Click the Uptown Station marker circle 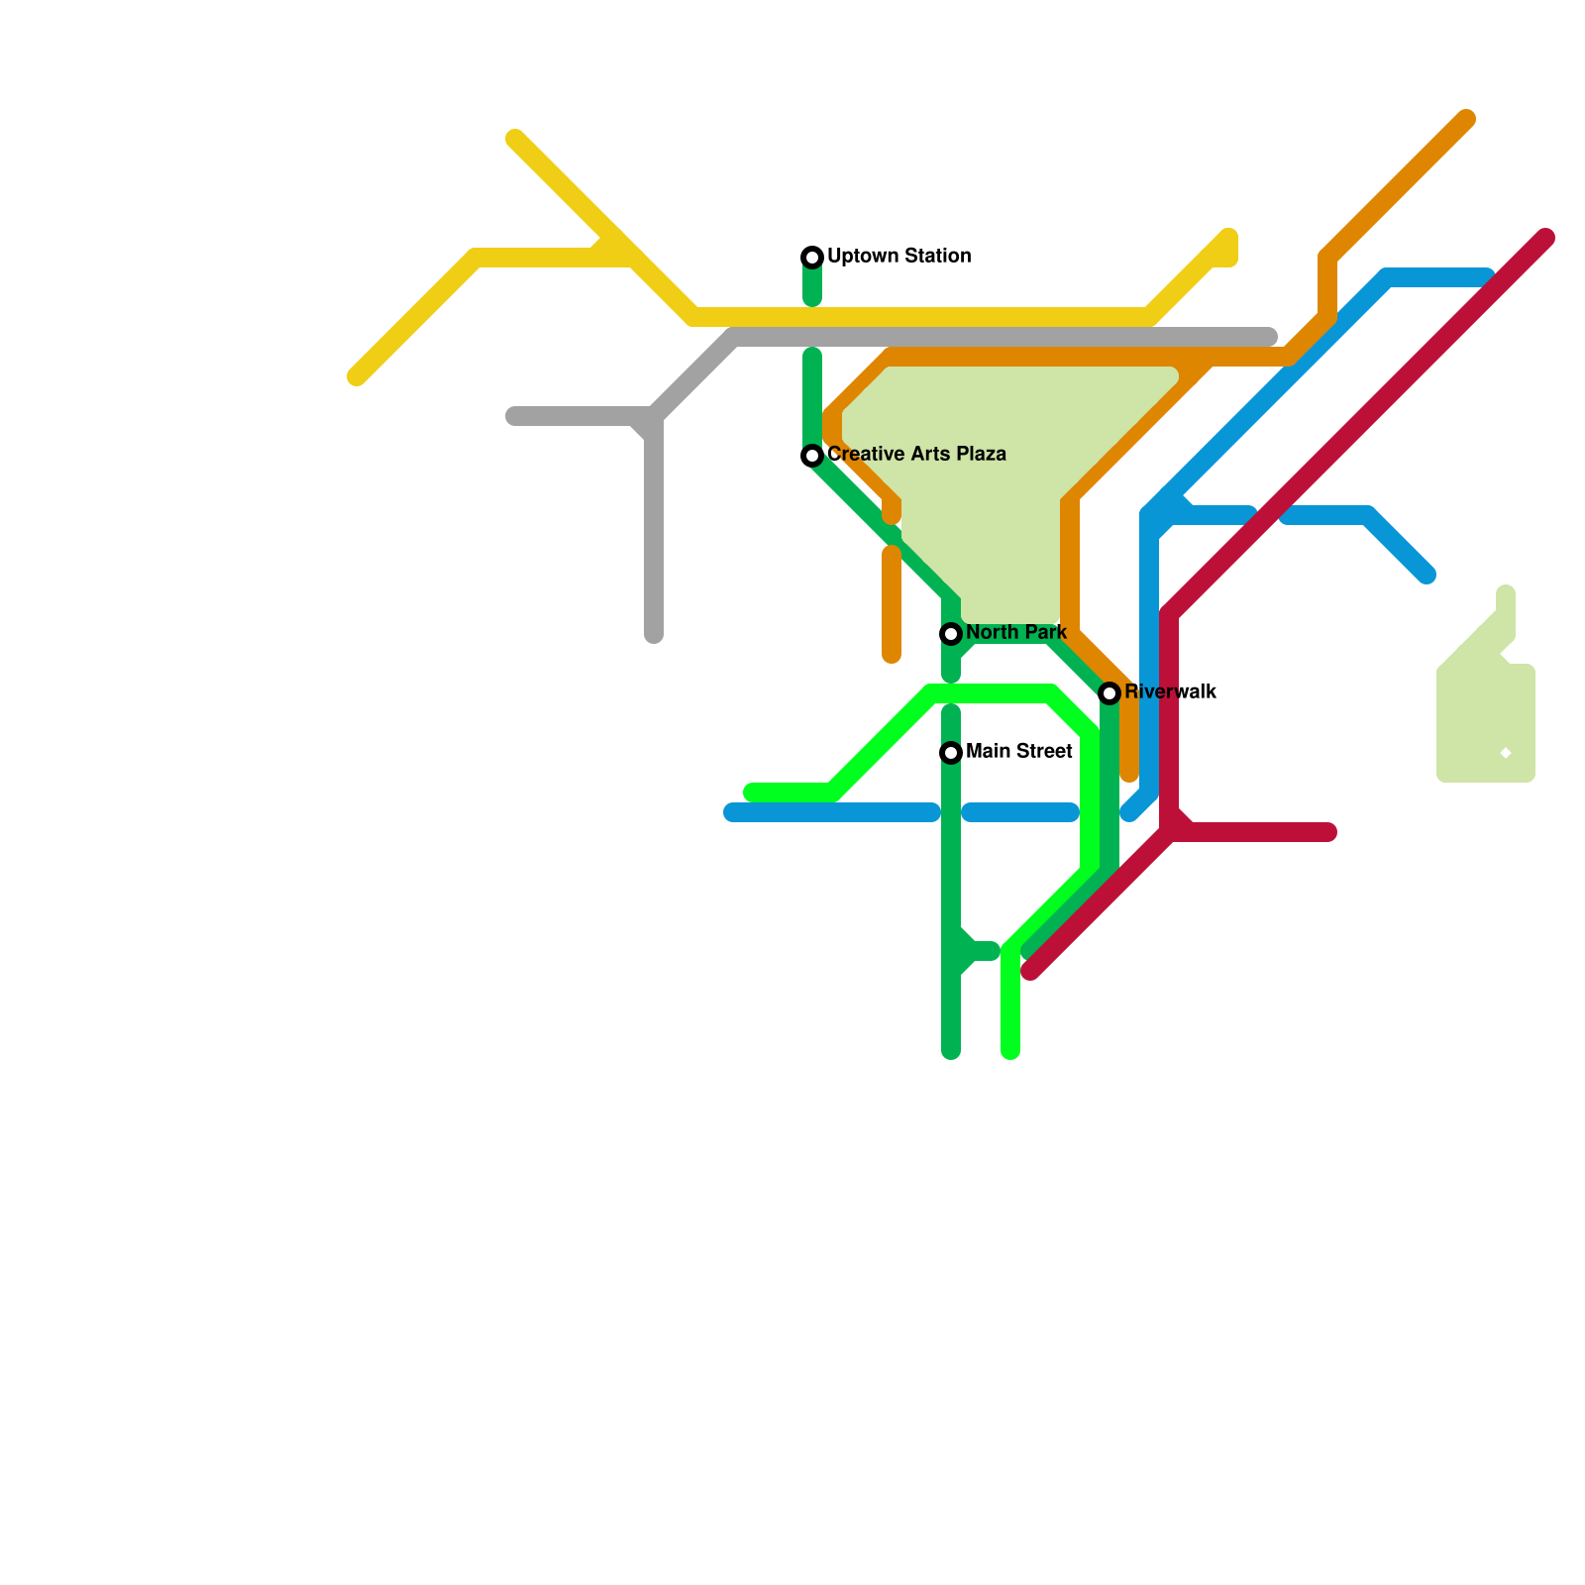tap(812, 258)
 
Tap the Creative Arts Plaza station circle tap(812, 456)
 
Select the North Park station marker tap(951, 634)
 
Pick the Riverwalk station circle tap(1109, 693)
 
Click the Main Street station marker tap(951, 753)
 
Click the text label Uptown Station tap(898, 256)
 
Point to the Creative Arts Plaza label tap(916, 454)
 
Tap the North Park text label tap(1015, 632)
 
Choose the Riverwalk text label tap(1170, 691)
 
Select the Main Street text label tap(1018, 751)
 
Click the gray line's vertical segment tap(654, 535)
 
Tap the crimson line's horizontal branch tap(1258, 832)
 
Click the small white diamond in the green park tap(1506, 754)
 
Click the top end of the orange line tap(1466, 119)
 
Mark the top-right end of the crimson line tap(1545, 238)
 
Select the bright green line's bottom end tap(1010, 1050)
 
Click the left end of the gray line tap(513, 416)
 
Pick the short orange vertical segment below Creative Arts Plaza tap(892, 604)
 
